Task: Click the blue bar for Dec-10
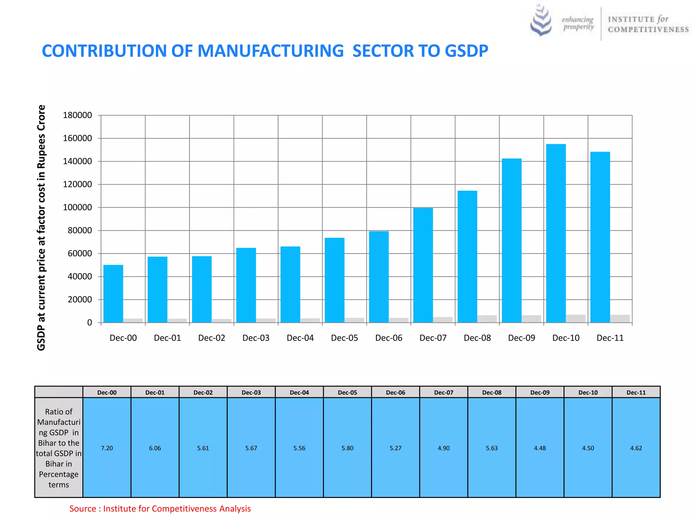click(556, 233)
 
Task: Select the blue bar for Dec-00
click(113, 294)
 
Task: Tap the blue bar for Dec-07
click(423, 265)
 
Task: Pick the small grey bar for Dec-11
click(620, 319)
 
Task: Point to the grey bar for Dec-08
click(487, 319)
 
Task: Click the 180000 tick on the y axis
click(77, 115)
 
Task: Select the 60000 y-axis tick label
click(77, 253)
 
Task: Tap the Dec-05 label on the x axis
click(344, 338)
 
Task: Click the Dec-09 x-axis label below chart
click(521, 338)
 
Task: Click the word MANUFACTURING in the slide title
click(270, 51)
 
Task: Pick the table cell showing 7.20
click(107, 448)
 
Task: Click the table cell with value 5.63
click(492, 448)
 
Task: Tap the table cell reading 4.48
click(540, 448)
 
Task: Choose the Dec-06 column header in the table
click(395, 392)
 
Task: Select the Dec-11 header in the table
click(636, 392)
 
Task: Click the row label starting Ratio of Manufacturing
click(59, 448)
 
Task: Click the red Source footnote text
click(160, 508)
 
